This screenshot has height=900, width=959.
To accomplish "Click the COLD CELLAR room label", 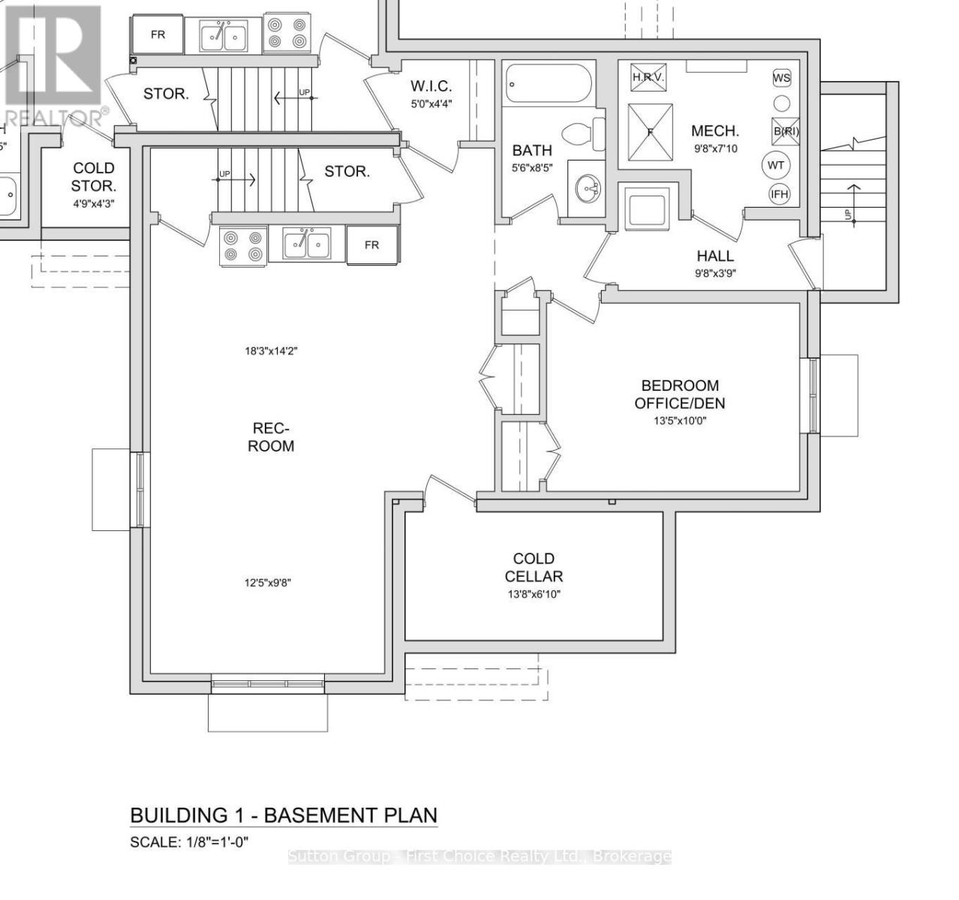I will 534,568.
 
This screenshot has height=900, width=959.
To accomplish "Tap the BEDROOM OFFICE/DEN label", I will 679,394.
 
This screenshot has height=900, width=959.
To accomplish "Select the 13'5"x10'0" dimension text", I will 679,421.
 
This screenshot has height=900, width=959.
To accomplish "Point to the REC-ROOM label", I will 272,437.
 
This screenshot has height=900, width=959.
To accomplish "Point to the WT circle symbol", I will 776,164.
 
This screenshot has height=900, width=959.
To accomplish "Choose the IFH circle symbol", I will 780,194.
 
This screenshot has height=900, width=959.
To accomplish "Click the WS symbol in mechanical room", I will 781,78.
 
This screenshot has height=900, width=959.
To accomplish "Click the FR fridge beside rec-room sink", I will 371,245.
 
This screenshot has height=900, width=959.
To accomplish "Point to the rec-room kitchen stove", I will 243,246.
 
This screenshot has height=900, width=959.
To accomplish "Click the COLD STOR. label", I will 94,177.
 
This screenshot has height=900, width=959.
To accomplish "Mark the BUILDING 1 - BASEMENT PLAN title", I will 284,815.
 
